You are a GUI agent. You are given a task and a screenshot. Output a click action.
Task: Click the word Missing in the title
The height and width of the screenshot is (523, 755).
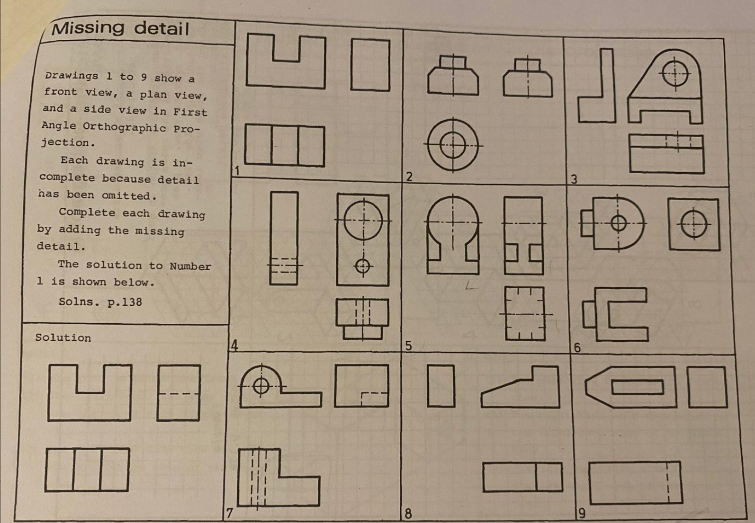88,28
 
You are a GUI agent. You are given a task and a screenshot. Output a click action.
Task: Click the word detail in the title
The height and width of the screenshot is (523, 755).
162,28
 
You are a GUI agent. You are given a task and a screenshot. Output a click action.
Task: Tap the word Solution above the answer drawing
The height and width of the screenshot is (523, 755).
63,337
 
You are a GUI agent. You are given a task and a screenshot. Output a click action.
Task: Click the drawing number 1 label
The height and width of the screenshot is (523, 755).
237,170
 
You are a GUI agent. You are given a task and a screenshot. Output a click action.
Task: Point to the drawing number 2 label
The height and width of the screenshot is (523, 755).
410,177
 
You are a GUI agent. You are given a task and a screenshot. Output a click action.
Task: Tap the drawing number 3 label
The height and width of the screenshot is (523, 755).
575,179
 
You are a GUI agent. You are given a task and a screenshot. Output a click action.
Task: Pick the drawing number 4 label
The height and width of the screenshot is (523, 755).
234,346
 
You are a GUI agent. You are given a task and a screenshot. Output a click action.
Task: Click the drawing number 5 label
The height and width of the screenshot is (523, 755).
409,346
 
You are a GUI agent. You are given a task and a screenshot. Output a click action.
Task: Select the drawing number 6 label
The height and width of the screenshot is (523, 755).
577,347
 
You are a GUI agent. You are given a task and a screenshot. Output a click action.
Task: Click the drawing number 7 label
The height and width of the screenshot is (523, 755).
230,513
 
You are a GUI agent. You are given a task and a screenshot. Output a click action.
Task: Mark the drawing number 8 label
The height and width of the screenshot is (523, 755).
408,514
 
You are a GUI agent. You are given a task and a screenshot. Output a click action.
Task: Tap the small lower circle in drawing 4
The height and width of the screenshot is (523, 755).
363,266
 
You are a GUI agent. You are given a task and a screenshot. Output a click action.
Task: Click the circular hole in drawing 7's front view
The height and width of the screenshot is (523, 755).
261,386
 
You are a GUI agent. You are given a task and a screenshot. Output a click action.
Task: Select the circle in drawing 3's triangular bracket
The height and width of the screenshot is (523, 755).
675,74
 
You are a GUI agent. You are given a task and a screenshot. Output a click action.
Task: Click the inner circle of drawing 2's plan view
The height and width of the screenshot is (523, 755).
453,145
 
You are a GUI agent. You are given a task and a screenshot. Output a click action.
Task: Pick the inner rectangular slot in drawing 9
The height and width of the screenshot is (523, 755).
637,387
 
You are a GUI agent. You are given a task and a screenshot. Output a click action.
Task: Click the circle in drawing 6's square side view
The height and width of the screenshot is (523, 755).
694,224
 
